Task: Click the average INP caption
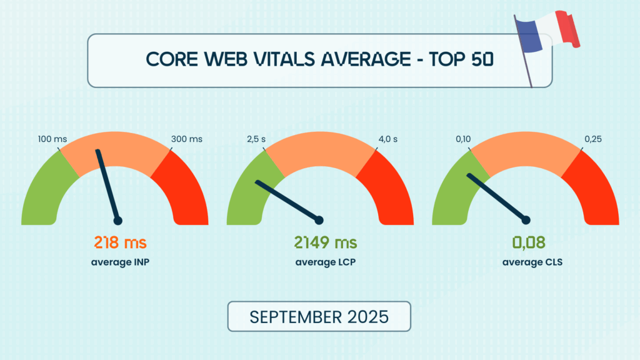pos(120,262)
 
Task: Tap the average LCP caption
pos(320,262)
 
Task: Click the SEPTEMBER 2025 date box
pos(319,316)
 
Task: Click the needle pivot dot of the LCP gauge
pos(320,220)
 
